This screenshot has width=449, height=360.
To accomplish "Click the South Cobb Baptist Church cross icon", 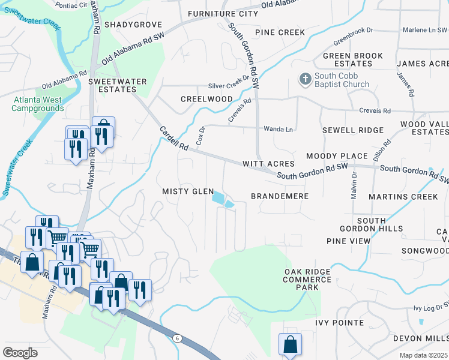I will (305, 79).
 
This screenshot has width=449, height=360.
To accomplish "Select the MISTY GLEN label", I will (188, 191).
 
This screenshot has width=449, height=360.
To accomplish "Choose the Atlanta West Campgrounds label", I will (37, 104).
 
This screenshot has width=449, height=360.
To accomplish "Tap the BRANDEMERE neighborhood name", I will (280, 196).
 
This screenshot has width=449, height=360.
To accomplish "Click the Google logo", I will (20, 353).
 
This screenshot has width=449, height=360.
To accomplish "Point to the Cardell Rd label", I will (174, 139).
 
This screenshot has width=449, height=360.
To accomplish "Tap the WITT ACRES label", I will (268, 164).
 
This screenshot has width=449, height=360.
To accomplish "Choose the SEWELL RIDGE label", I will (352, 130).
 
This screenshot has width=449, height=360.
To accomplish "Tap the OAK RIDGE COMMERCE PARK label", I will (307, 280).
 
